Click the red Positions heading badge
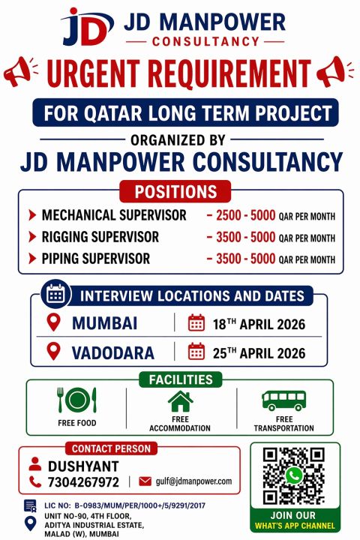pos(180,190)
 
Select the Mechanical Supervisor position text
pos(114,215)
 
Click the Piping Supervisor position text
pos(96,259)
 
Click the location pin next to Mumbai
pos(52,323)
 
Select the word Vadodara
pos(113,352)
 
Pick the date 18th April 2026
pos(257,324)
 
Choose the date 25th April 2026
pos(257,352)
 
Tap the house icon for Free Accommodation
pos(180,400)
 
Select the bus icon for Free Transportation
pos(283,400)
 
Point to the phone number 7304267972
pos(83,481)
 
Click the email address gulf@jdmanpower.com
pos(193,481)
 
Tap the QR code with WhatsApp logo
pos(294,475)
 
